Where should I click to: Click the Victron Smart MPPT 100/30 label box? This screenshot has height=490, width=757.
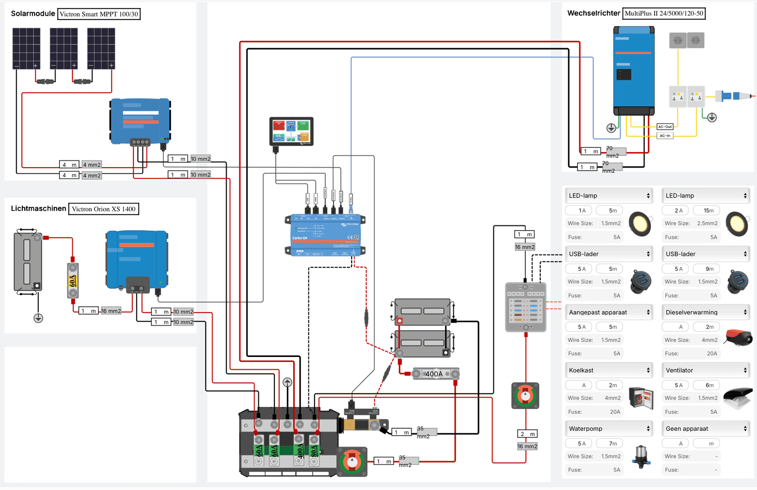coord(99,14)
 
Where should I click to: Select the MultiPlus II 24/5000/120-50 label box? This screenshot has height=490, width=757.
coord(664,13)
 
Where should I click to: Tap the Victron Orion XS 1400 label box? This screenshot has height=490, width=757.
coord(104,209)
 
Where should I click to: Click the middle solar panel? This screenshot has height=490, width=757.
coord(64,48)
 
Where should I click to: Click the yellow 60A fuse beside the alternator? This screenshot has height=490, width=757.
coord(73,281)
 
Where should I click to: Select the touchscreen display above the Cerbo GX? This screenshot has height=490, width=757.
coord(291,131)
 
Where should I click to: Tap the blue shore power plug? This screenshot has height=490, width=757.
coord(732,96)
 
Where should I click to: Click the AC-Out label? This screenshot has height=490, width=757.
coord(665,126)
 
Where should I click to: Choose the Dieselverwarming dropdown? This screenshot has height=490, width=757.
coord(705,312)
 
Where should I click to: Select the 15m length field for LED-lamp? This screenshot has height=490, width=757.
coord(706,210)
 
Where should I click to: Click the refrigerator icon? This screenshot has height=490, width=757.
coord(641,397)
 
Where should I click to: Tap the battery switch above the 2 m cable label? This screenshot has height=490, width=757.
coord(525,395)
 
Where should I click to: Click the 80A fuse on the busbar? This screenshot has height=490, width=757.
coord(314,450)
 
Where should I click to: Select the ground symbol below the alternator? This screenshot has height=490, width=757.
coord(38,318)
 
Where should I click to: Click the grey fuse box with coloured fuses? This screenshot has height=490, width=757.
coord(526,307)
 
